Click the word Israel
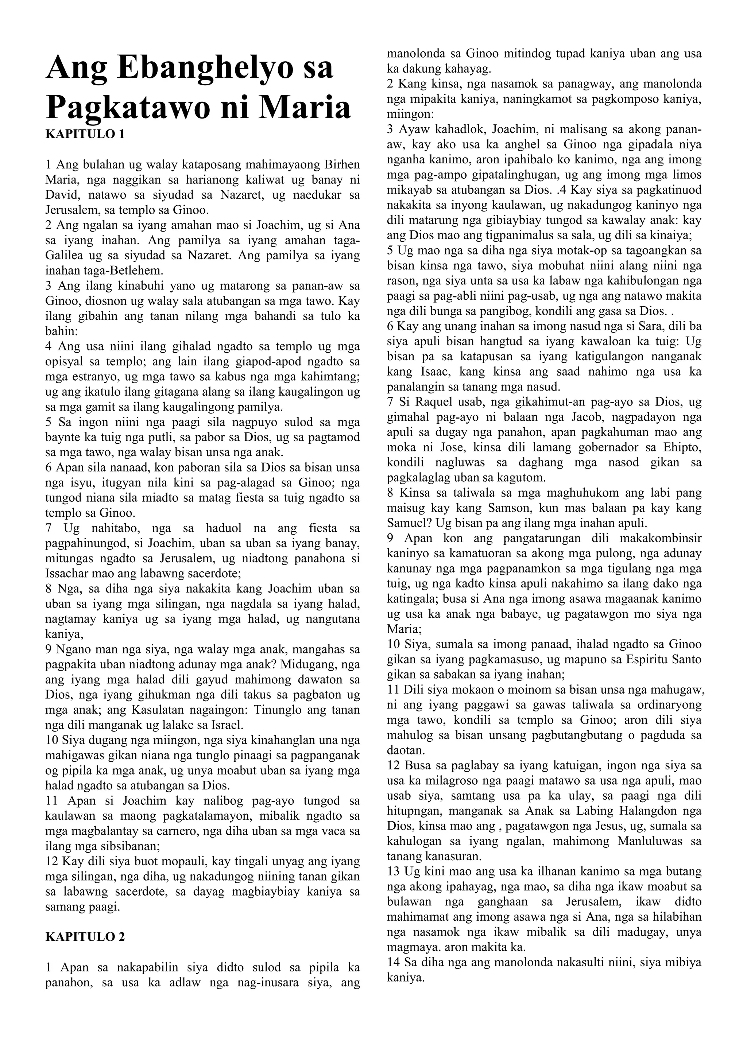point(228,725)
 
